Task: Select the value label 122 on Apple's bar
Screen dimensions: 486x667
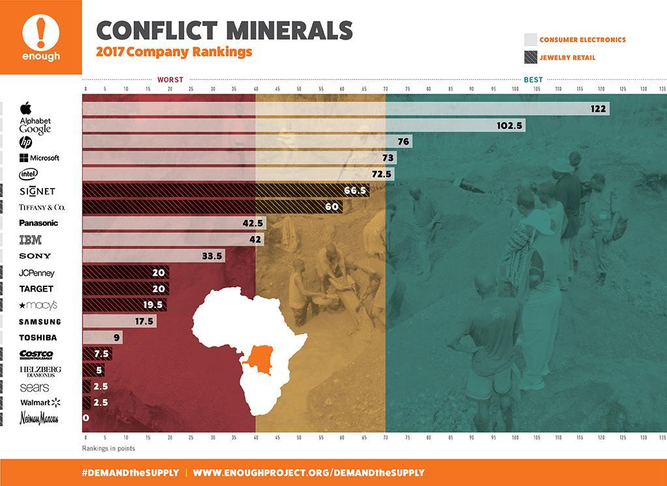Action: (x=599, y=109)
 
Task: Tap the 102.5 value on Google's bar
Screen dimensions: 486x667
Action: (x=510, y=126)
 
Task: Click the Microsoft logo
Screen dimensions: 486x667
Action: (x=39, y=158)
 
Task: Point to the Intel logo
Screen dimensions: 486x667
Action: (x=29, y=174)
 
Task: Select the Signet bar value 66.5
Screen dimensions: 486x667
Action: (x=356, y=191)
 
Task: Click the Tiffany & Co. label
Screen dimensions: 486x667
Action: (x=42, y=208)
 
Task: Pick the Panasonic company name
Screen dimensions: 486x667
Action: (x=38, y=223)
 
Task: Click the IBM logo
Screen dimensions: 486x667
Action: (x=31, y=239)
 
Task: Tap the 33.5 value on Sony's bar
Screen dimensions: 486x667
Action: (x=212, y=256)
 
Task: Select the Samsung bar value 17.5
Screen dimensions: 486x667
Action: (x=143, y=321)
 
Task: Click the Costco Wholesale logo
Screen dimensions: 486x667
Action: (x=36, y=355)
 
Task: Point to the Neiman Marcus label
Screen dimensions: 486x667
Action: (x=39, y=418)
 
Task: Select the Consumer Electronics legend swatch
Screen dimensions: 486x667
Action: (x=530, y=40)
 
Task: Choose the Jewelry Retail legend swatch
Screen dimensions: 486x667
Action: (x=530, y=57)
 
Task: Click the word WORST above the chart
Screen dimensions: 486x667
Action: (x=171, y=79)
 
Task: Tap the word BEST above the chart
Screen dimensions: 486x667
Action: (x=532, y=79)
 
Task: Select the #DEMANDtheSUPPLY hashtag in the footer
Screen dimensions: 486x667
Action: (x=130, y=472)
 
